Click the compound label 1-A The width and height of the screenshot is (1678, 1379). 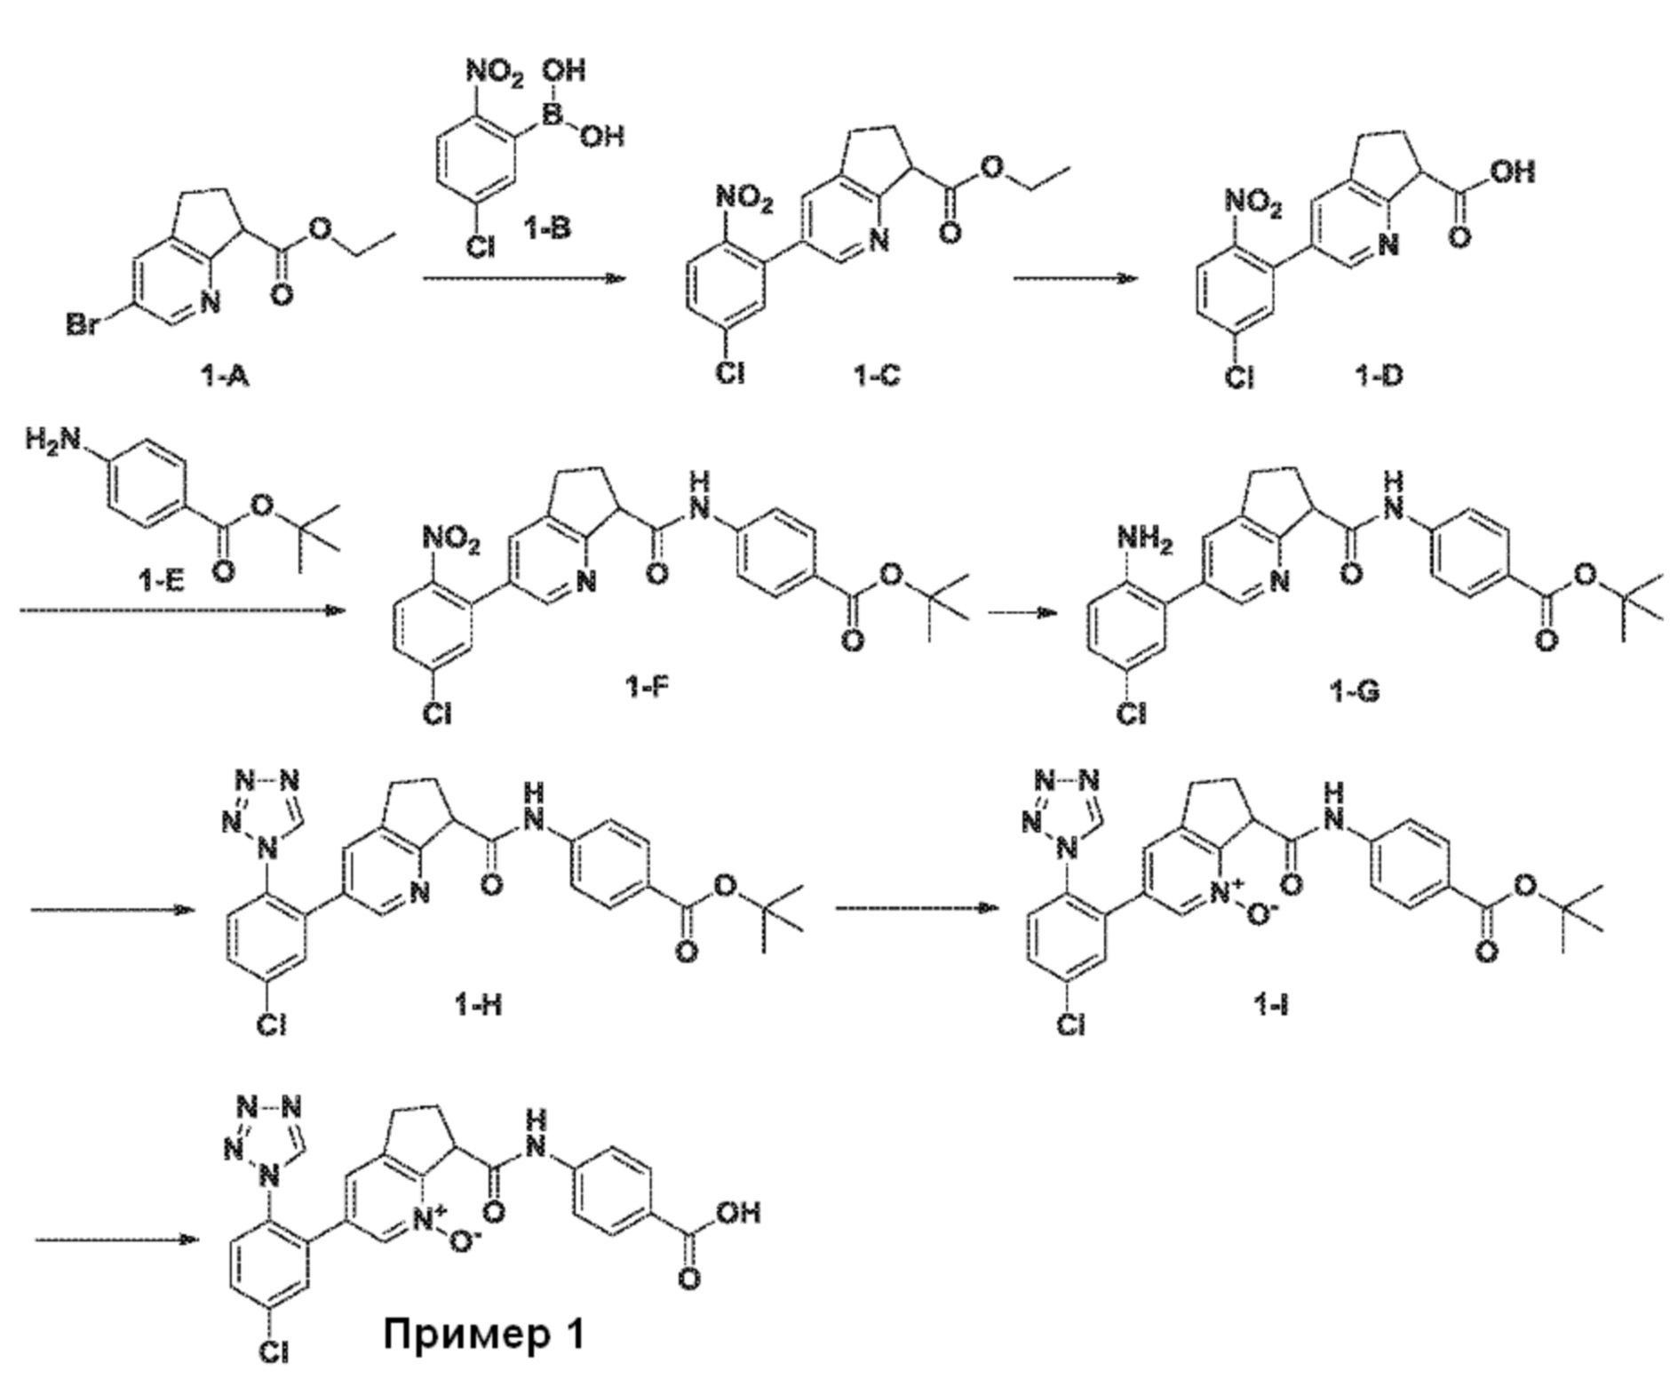tap(224, 377)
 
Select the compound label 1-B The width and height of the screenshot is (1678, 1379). tap(545, 228)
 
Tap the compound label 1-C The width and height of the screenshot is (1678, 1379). tap(876, 375)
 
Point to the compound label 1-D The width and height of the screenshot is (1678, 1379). tap(1378, 377)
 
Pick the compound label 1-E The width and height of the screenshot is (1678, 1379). tap(162, 580)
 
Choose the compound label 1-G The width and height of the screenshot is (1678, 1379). tap(1355, 689)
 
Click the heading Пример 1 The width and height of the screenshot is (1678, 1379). tap(484, 1333)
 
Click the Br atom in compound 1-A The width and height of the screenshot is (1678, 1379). tap(82, 325)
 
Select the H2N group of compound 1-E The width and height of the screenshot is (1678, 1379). tap(51, 439)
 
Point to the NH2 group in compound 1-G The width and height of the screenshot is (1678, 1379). tap(1144, 539)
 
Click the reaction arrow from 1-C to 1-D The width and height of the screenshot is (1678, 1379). tap(1075, 278)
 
